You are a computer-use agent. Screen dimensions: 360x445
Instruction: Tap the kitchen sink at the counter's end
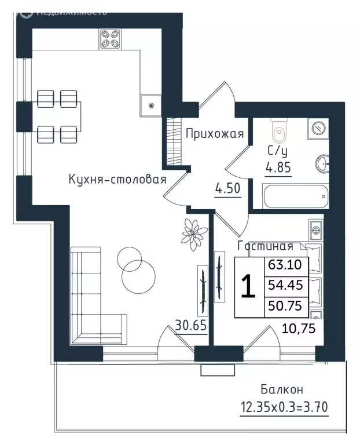coord(150,105)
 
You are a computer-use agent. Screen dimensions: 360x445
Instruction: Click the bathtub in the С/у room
coord(295,196)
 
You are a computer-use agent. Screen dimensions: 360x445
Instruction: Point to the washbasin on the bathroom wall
coord(322,164)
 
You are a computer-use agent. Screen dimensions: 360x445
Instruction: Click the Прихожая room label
coord(215,133)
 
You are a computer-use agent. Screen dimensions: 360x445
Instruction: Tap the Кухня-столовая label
coord(117,180)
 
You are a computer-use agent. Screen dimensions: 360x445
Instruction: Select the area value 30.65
coord(190,325)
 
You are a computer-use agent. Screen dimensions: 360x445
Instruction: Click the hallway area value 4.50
coord(228,188)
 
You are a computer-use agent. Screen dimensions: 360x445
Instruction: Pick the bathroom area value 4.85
coord(278,167)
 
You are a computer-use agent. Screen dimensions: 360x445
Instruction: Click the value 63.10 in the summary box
coord(285,265)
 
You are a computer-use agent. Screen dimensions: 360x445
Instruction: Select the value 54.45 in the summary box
coord(285,284)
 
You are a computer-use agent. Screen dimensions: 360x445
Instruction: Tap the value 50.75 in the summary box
coord(285,306)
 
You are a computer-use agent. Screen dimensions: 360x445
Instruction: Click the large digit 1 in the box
coord(248,287)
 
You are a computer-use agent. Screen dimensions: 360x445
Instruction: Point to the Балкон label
coord(282,389)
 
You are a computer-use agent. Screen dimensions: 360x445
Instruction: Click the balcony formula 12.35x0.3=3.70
coord(284,407)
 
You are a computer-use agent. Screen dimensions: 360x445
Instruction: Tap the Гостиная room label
coord(265,246)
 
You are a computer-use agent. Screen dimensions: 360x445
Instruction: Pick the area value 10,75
coord(299,329)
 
